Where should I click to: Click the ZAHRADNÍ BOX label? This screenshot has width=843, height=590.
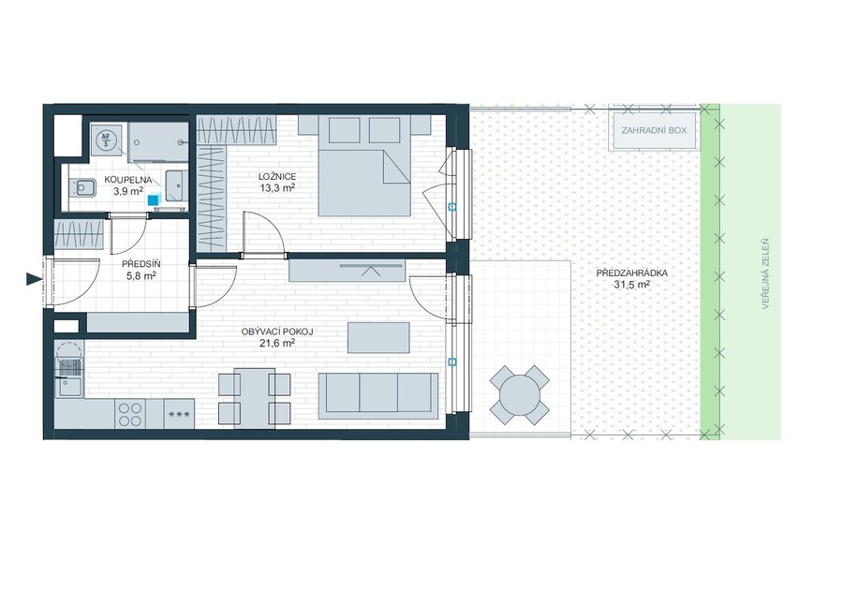coord(654,130)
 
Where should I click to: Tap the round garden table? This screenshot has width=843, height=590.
coord(519,395)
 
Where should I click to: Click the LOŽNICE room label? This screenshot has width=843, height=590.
coord(277,176)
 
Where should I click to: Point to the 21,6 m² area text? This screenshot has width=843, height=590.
coord(277,343)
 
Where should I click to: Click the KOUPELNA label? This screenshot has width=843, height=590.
coord(128,180)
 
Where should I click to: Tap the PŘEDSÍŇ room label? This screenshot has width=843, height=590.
coord(140,264)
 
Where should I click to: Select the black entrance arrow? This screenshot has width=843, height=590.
coord(34,278)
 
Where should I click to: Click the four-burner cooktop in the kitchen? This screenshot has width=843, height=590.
coord(130,413)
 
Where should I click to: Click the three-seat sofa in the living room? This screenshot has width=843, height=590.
coord(378,395)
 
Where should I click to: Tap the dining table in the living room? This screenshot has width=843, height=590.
coord(255,398)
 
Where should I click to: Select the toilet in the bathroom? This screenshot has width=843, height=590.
coord(82,188)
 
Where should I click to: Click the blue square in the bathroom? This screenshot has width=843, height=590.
coord(155,199)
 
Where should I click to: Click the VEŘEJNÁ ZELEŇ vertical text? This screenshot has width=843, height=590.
coord(765,274)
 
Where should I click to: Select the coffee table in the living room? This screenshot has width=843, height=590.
coord(378,337)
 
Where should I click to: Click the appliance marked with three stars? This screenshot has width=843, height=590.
coord(179,413)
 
